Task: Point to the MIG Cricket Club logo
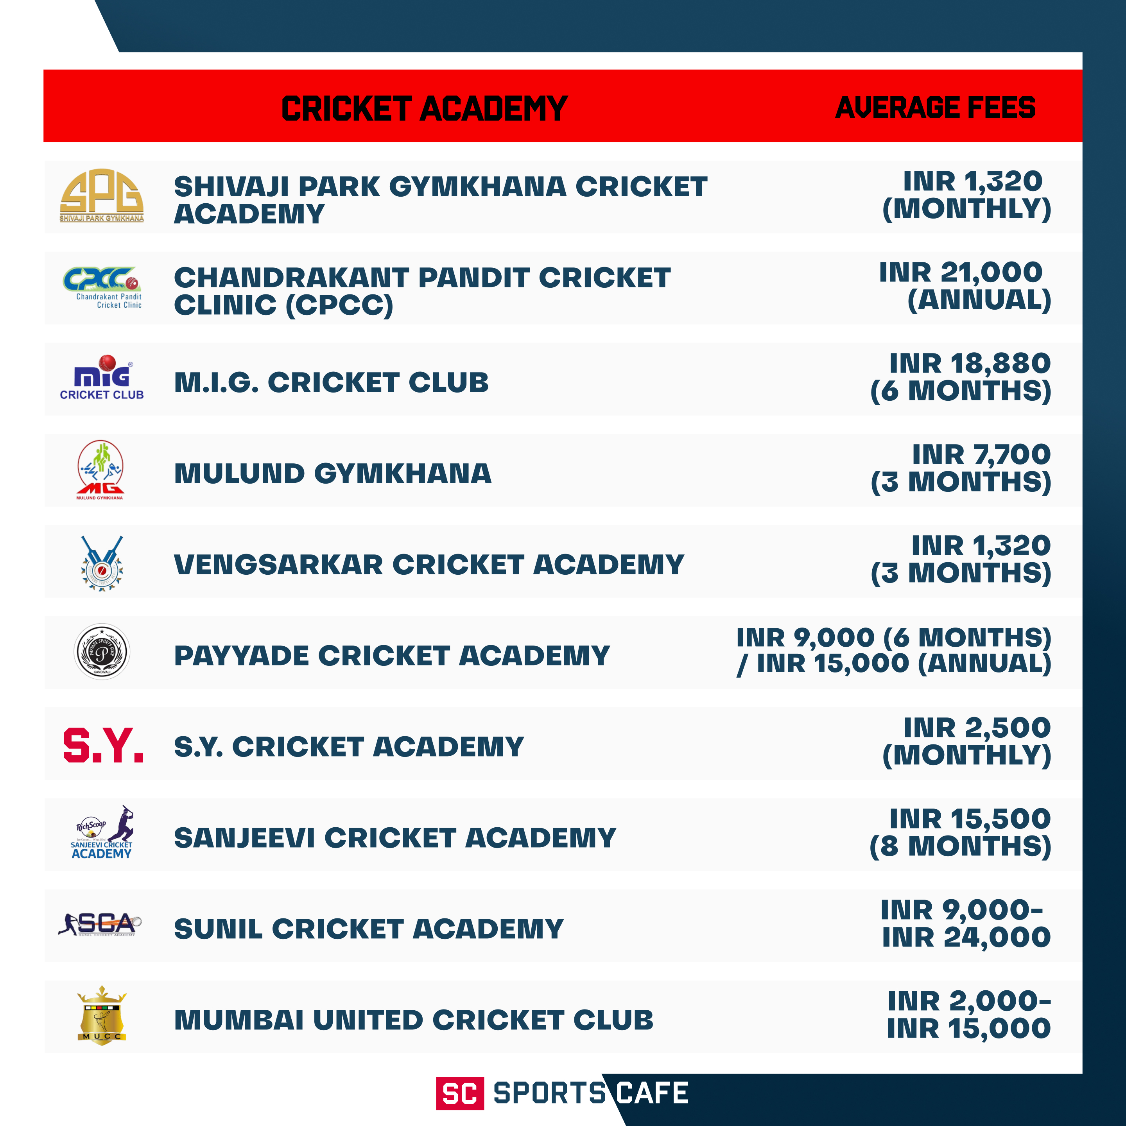tap(102, 378)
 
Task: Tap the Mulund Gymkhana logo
tap(100, 470)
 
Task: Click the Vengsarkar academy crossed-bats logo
tap(102, 563)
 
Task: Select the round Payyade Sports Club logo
tap(102, 652)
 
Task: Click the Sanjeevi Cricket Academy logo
tap(102, 834)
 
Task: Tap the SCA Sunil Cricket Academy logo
tap(100, 924)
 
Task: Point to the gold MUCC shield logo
tap(102, 1015)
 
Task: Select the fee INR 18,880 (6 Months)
tap(961, 377)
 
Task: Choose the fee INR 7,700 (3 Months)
tap(961, 468)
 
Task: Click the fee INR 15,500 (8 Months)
tap(961, 833)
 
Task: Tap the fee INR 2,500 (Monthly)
tap(966, 741)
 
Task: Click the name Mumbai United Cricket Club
tap(413, 1020)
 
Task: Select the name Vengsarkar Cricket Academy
tap(429, 564)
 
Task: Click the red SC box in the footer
tap(460, 1094)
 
